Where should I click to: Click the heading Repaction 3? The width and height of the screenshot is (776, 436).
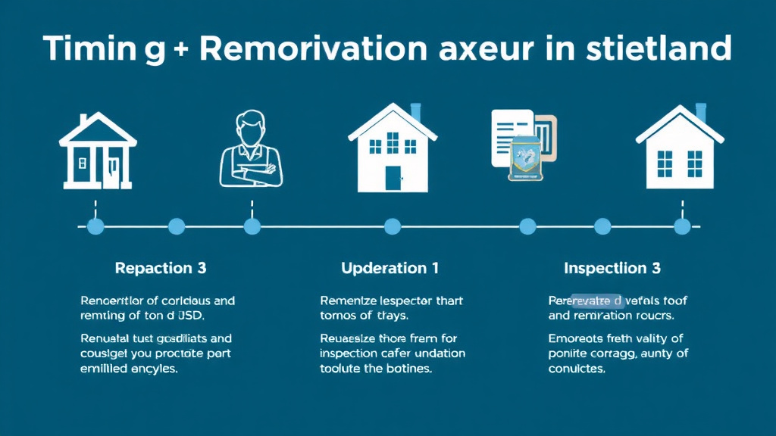click(x=160, y=268)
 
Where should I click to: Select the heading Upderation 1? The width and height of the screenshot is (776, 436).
click(x=390, y=268)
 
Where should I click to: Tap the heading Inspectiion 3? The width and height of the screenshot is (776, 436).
click(x=612, y=268)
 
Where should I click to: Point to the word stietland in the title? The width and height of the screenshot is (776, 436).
click(x=659, y=48)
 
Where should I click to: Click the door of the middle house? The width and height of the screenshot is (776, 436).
click(x=393, y=178)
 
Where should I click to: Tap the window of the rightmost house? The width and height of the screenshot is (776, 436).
click(x=665, y=163)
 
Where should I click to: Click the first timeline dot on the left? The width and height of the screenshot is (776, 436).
click(x=95, y=226)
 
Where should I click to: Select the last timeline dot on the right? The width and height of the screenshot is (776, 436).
click(x=682, y=226)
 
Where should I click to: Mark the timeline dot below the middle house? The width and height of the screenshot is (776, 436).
click(x=393, y=226)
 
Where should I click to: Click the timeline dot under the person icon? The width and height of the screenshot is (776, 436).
click(x=252, y=226)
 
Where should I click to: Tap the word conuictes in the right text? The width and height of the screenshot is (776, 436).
click(x=577, y=369)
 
